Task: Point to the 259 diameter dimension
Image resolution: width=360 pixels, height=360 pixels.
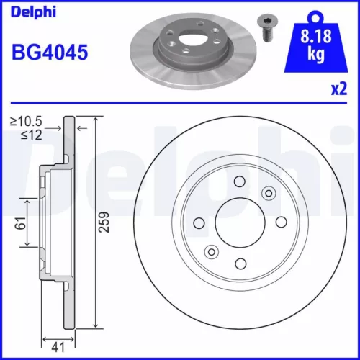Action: click(x=104, y=223)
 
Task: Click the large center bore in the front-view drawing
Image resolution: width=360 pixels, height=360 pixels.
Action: click(x=240, y=221)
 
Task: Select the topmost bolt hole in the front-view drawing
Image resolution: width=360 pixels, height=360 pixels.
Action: click(x=240, y=181)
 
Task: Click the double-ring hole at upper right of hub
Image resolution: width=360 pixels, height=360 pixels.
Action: click(x=269, y=192)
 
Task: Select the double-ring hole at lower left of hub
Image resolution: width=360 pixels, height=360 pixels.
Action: click(x=212, y=251)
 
